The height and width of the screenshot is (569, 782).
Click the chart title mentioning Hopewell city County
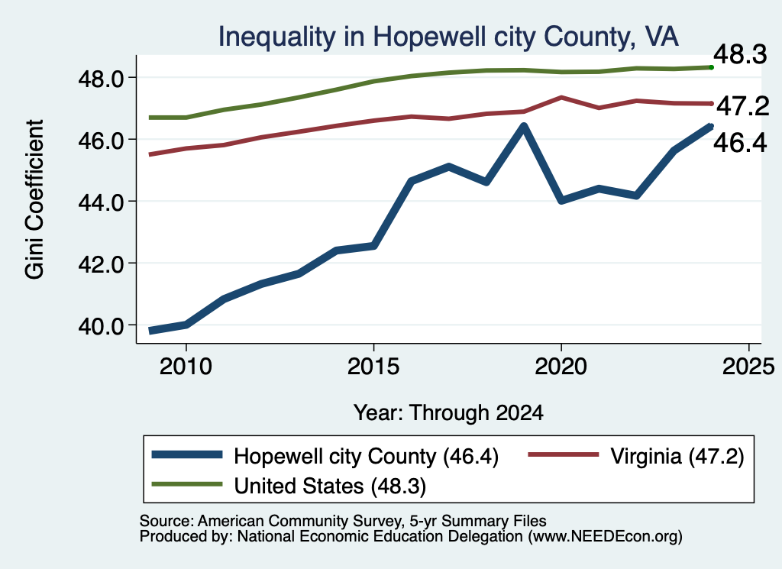click(x=448, y=37)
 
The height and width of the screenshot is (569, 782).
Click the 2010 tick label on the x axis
click(x=186, y=367)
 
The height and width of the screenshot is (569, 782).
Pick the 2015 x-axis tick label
click(x=373, y=367)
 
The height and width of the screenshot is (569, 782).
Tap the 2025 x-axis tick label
click(x=748, y=367)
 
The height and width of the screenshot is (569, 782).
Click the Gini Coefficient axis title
click(x=34, y=199)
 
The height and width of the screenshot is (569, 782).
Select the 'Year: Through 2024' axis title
click(x=448, y=413)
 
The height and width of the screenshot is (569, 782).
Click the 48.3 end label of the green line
click(x=740, y=54)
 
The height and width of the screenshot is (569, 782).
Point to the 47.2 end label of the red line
click(x=743, y=105)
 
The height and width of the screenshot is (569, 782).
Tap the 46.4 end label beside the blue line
click(x=740, y=143)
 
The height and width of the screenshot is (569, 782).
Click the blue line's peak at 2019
click(x=523, y=126)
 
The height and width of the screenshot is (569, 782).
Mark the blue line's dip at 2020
click(x=561, y=200)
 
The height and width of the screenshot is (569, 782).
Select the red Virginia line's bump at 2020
click(x=561, y=97)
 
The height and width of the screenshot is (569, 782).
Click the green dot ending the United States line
click(x=711, y=67)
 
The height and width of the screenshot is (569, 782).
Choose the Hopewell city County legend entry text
click(x=366, y=456)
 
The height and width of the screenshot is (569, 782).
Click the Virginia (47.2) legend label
click(x=677, y=456)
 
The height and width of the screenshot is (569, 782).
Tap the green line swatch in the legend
click(x=187, y=483)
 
